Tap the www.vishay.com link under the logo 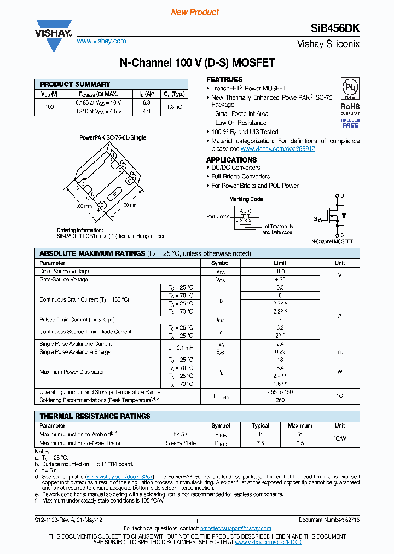click(x=101, y=41)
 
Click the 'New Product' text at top click(x=195, y=12)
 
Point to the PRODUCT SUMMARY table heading click(x=75, y=84)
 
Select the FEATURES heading click(x=224, y=79)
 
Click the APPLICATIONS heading click(x=231, y=159)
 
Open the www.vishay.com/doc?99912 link click(x=277, y=148)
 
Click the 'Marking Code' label click(x=246, y=199)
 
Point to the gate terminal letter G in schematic click(x=315, y=219)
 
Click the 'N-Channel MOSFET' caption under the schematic click(x=332, y=241)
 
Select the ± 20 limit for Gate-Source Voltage click(x=280, y=279)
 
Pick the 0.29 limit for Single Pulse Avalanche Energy click(x=280, y=352)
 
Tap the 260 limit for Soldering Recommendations click(x=280, y=400)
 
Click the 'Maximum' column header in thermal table click(x=300, y=425)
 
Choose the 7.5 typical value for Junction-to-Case click(x=260, y=443)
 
